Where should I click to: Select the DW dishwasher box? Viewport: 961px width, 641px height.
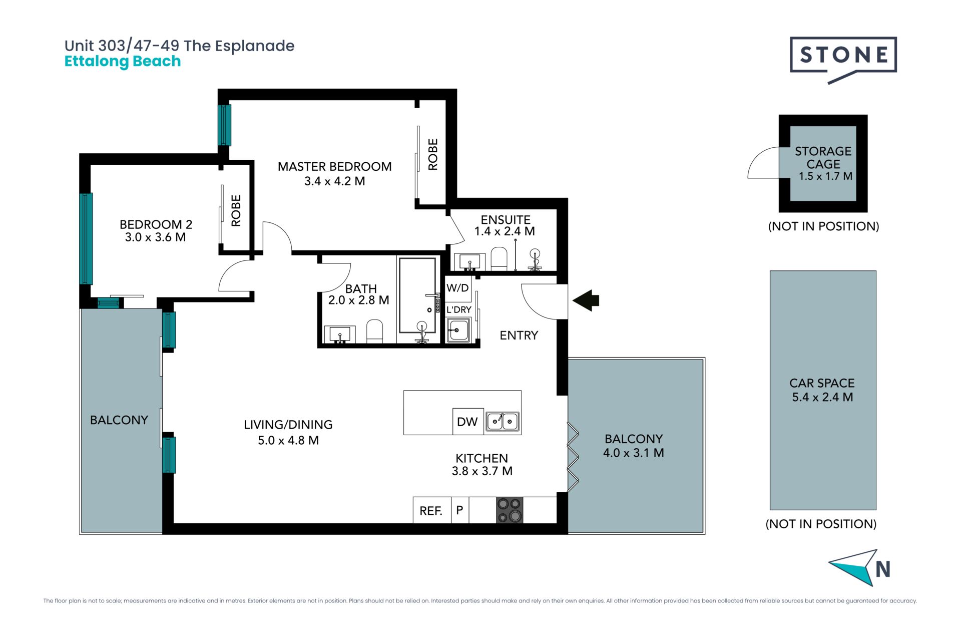467,421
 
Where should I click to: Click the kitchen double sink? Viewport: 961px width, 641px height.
503,421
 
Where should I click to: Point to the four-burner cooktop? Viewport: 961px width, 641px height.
510,510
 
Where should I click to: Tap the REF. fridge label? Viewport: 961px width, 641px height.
431,511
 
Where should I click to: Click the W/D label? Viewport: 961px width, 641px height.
457,288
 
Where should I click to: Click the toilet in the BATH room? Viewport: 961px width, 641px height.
374,332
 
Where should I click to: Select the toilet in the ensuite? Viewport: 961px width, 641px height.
499,258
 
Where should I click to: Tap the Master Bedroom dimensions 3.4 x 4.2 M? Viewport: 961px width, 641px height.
335,181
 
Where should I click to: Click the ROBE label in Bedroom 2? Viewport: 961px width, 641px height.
236,211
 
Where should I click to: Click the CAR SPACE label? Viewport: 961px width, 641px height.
822,383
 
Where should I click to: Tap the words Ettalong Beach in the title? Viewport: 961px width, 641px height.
123,61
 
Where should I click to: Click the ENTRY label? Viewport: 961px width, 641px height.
519,336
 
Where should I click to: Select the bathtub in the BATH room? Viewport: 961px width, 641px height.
417,295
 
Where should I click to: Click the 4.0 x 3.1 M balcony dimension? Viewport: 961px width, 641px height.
634,453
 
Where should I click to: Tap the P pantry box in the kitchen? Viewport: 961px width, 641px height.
460,510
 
